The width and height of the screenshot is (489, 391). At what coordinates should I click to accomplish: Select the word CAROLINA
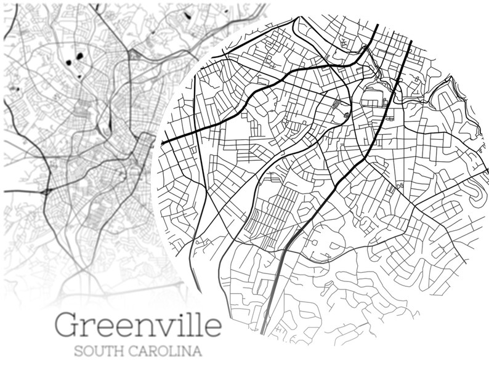pos(166,353)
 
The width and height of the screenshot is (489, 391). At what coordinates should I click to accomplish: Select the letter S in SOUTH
pos(77,353)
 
